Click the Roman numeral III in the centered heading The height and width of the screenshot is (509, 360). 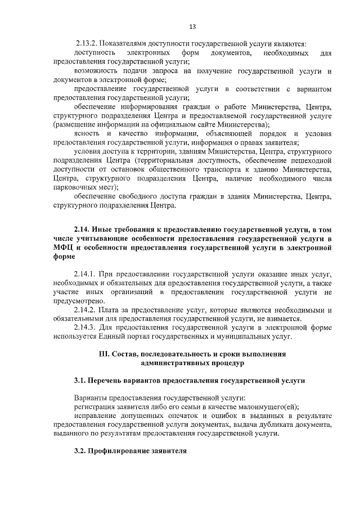(x=103, y=354)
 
